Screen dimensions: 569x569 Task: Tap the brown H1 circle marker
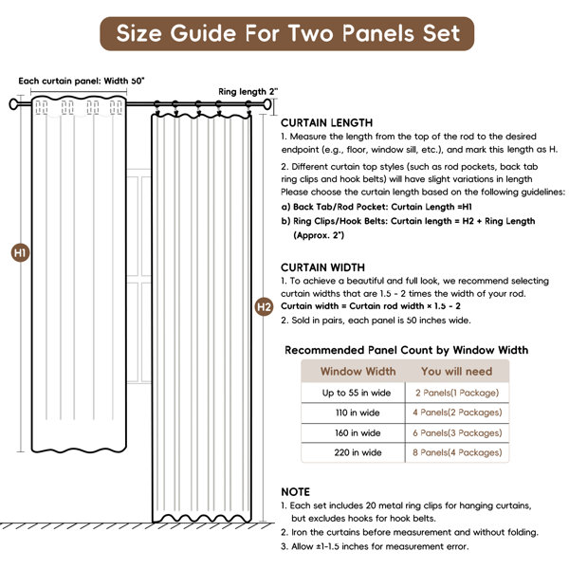pyautogui.click(x=20, y=253)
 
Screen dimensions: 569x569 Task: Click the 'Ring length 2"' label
pyautogui.click(x=248, y=92)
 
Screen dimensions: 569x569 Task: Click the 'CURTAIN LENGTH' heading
pyautogui.click(x=327, y=123)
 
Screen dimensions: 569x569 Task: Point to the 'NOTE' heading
pyautogui.click(x=296, y=492)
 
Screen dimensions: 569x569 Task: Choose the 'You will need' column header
pyautogui.click(x=457, y=372)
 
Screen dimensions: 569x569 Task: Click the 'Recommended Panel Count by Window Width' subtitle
pyautogui.click(x=407, y=350)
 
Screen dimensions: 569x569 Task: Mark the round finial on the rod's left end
pyautogui.click(x=14, y=103)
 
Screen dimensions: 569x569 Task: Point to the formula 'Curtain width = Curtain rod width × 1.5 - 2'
pyautogui.click(x=370, y=307)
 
